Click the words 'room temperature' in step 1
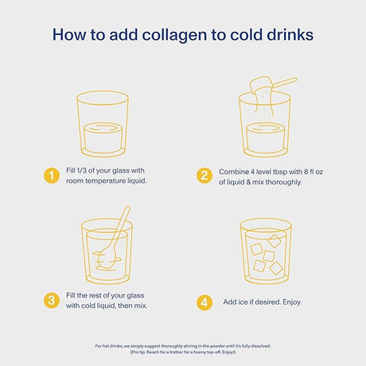point(89,182)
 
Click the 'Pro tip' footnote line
point(183,352)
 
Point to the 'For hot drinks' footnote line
point(183,345)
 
